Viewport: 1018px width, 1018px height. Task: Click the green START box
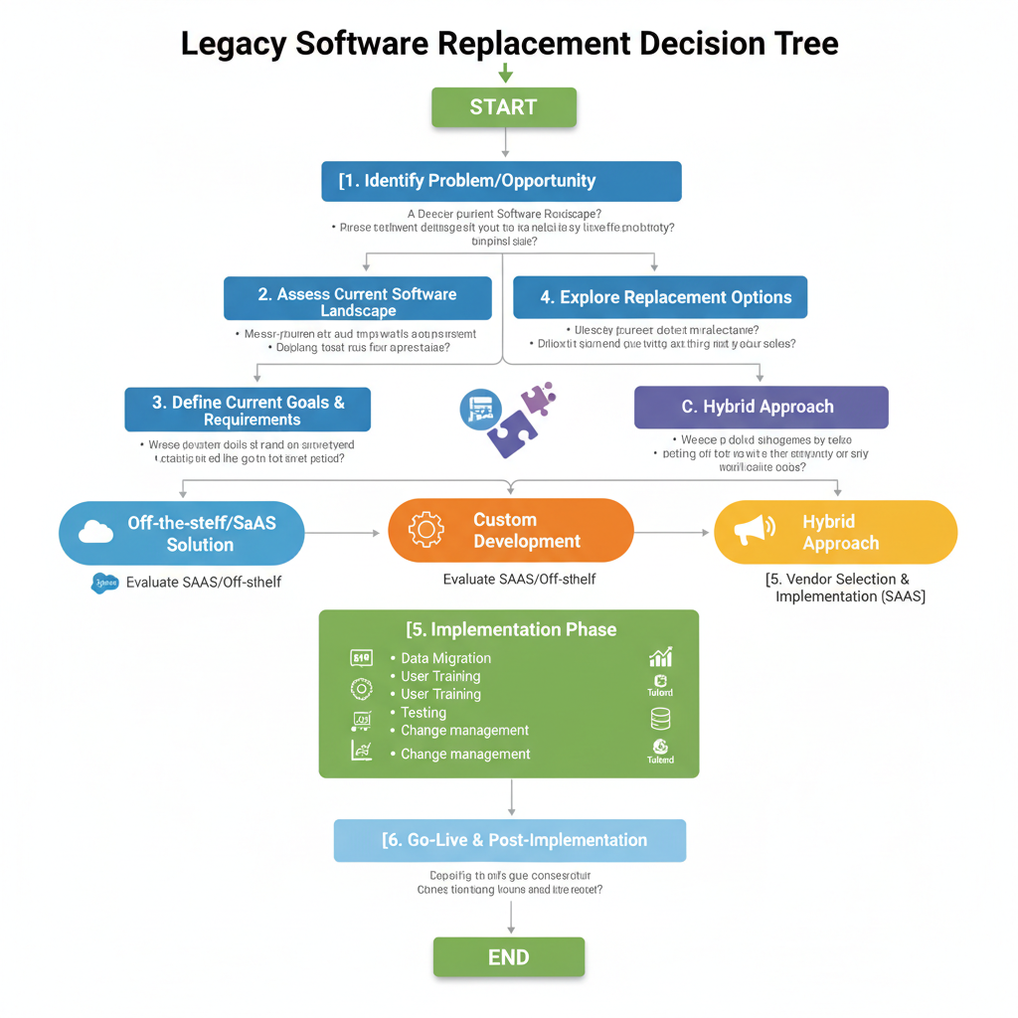[504, 107]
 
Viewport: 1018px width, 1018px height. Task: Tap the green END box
[508, 957]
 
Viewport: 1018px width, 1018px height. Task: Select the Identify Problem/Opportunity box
[502, 181]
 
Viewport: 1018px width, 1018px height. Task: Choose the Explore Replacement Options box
[660, 297]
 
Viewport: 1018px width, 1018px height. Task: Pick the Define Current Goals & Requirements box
[248, 410]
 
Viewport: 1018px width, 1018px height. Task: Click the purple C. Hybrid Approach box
[761, 407]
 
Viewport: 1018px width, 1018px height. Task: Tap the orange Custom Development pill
[510, 531]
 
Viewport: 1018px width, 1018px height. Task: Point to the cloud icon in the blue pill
[95, 532]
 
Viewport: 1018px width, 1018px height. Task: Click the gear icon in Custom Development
[426, 530]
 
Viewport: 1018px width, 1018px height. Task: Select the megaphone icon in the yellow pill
[754, 531]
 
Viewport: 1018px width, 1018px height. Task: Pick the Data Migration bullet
[445, 658]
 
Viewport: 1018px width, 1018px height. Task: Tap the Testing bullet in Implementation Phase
[424, 712]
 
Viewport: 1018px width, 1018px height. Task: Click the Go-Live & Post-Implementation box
[510, 840]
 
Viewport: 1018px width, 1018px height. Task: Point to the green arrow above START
[505, 74]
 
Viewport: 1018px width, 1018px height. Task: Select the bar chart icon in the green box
[660, 657]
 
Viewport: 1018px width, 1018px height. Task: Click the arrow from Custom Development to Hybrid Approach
[673, 533]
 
